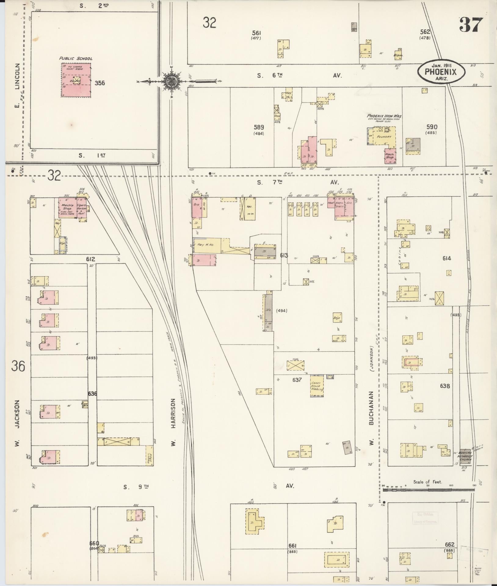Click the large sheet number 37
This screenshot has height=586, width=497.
pyautogui.click(x=471, y=25)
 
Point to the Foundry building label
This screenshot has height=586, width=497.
pyautogui.click(x=384, y=137)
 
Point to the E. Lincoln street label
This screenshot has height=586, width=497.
pyautogui.click(x=17, y=85)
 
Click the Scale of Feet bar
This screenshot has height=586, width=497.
pyautogui.click(x=429, y=490)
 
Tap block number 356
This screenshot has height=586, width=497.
pyautogui.click(x=100, y=83)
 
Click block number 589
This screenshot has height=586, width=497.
pyautogui.click(x=259, y=127)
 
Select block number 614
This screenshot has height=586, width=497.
pyautogui.click(x=446, y=259)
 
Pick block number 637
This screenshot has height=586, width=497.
pyautogui.click(x=296, y=380)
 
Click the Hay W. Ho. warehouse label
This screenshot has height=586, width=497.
pyautogui.click(x=205, y=245)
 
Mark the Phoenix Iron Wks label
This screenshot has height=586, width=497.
pyautogui.click(x=384, y=116)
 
